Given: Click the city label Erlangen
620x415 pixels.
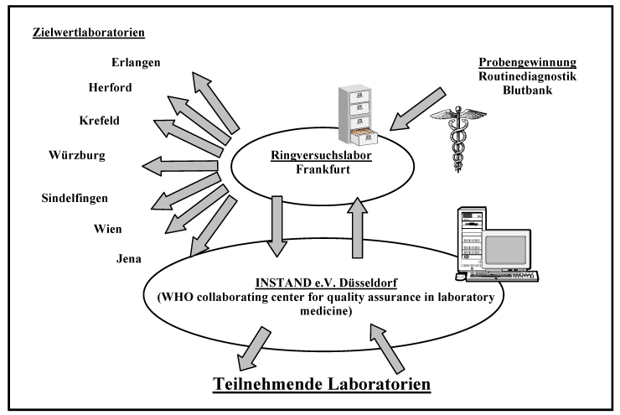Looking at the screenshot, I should pyautogui.click(x=137, y=61).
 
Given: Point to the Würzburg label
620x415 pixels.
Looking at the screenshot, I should pyautogui.click(x=77, y=155).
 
